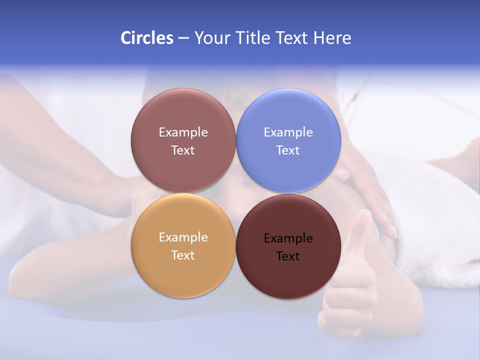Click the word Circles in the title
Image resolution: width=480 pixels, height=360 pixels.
[x=147, y=38]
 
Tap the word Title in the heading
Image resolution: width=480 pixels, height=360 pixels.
[x=251, y=38]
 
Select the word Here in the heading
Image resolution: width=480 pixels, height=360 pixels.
[x=332, y=38]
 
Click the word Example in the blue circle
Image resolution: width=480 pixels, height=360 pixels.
[x=288, y=132]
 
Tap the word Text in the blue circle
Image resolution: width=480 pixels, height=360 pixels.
[x=288, y=150]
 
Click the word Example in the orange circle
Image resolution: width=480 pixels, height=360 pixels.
[x=183, y=237]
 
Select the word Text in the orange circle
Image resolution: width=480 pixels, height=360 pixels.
[x=183, y=255]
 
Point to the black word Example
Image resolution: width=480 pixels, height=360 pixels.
[x=288, y=238]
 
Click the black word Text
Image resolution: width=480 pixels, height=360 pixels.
[x=288, y=256]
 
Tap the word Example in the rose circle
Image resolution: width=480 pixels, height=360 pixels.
[x=183, y=132]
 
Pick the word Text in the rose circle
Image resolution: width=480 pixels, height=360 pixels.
[x=183, y=150]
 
